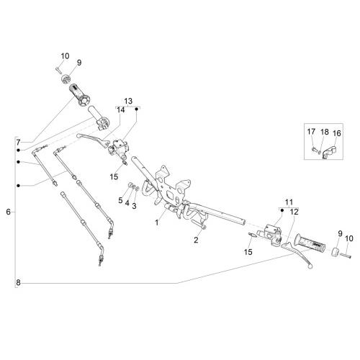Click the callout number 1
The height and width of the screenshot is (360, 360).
point(157,222)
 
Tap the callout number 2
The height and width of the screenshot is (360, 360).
point(196,240)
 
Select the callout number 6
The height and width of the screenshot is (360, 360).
point(9,212)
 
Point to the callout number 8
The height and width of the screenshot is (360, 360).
point(19,283)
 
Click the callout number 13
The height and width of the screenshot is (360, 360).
point(128,101)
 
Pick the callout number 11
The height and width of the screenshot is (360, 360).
point(289,202)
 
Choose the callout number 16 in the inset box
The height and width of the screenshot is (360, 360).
point(337,133)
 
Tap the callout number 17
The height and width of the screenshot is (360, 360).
point(311,132)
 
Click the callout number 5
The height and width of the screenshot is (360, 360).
point(120,200)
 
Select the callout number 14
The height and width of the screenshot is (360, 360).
point(121,110)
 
